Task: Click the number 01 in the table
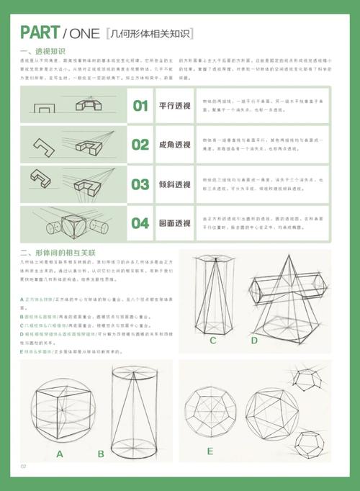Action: pyautogui.click(x=140, y=106)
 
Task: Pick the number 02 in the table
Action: pyautogui.click(x=140, y=145)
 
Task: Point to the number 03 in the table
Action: pyautogui.click(x=140, y=184)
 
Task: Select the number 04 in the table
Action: pyautogui.click(x=140, y=223)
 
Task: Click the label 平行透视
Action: pyautogui.click(x=175, y=106)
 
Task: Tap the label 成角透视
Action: pyautogui.click(x=175, y=145)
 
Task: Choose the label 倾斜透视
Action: pyautogui.click(x=175, y=184)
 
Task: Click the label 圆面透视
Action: pyautogui.click(x=175, y=223)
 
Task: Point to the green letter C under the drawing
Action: pyautogui.click(x=213, y=341)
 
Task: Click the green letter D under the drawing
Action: pyautogui.click(x=254, y=341)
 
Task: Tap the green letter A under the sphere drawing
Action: pyautogui.click(x=60, y=454)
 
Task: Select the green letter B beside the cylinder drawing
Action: pyautogui.click(x=101, y=454)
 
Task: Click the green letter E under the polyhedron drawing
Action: pyautogui.click(x=210, y=451)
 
